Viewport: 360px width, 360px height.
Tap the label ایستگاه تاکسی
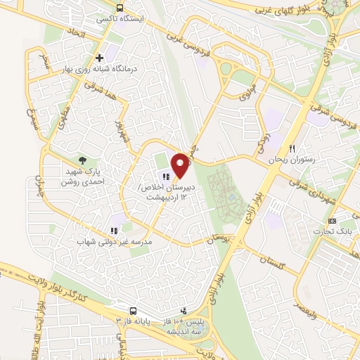click(121, 19)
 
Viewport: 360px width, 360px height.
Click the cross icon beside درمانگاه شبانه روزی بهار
click(100, 58)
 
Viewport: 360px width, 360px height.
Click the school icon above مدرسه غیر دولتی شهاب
click(112, 230)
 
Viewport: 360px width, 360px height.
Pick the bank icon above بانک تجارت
click(342, 221)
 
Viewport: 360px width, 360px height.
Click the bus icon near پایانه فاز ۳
click(133, 309)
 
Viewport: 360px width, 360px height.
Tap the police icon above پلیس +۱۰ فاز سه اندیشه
click(184, 309)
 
